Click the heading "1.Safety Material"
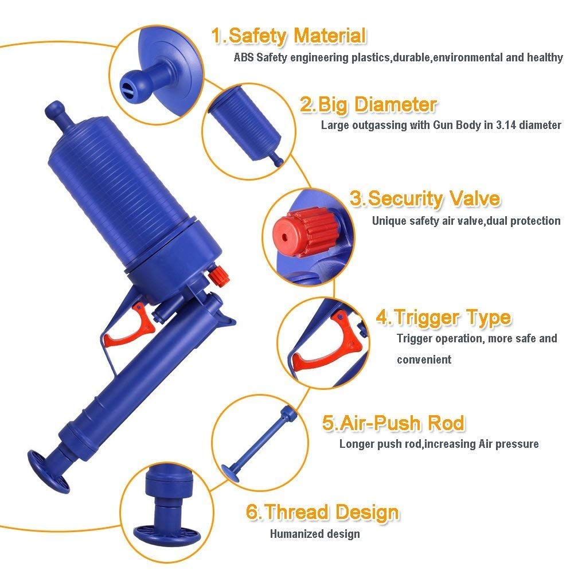(x=289, y=36)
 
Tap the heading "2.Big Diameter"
(x=368, y=105)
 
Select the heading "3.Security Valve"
(x=425, y=199)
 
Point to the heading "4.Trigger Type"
(x=444, y=317)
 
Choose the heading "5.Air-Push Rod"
(x=393, y=423)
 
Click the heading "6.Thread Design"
(x=322, y=512)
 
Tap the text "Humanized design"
(x=315, y=534)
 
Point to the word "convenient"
(x=424, y=360)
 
